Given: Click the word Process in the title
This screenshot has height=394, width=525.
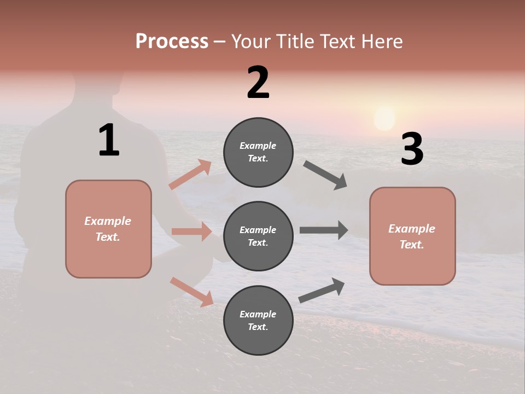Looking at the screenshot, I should coord(172,42).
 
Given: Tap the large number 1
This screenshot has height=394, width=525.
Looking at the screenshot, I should coord(109,141).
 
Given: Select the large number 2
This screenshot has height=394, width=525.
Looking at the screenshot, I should coord(258,83).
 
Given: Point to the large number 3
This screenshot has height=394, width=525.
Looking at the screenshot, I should coord(412,149).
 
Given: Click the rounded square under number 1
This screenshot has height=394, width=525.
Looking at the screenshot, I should coord(108,229).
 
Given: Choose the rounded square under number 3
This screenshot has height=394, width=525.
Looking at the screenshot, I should coord(412,236).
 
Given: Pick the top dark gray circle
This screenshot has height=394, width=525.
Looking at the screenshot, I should coord(258,152).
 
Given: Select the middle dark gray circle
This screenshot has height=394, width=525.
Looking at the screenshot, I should coord(258,236).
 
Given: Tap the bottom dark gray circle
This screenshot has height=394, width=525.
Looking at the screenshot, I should coord(258,320).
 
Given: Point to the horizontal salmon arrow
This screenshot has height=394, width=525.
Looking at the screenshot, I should coord(191,231).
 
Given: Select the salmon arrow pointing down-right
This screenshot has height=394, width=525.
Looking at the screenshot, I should coord(192,292).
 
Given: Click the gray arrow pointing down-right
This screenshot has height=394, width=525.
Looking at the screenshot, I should coord(325,175).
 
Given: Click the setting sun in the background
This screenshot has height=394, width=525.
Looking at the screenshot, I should coord(384,119).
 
